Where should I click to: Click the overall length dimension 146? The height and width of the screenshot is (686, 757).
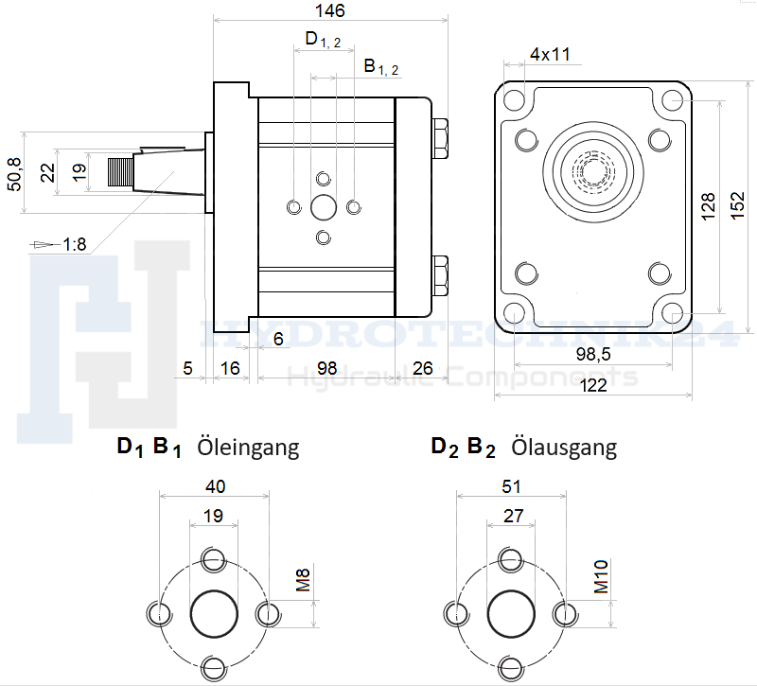331,10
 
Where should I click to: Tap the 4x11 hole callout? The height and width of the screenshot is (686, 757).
549,54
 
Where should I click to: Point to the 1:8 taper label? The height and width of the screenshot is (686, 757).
75,245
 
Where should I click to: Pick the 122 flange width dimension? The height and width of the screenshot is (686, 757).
593,384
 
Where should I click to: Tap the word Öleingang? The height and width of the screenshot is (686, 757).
248,447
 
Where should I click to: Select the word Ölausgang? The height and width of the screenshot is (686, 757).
564,447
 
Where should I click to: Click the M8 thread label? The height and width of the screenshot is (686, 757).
304,580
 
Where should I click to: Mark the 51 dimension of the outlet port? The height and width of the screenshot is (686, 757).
512,486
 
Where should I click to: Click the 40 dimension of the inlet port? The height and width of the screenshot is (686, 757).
215,486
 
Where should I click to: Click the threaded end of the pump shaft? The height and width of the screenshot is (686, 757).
119,173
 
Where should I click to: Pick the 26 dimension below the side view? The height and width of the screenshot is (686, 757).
422,367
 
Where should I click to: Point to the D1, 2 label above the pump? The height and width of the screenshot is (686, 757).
323,39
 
